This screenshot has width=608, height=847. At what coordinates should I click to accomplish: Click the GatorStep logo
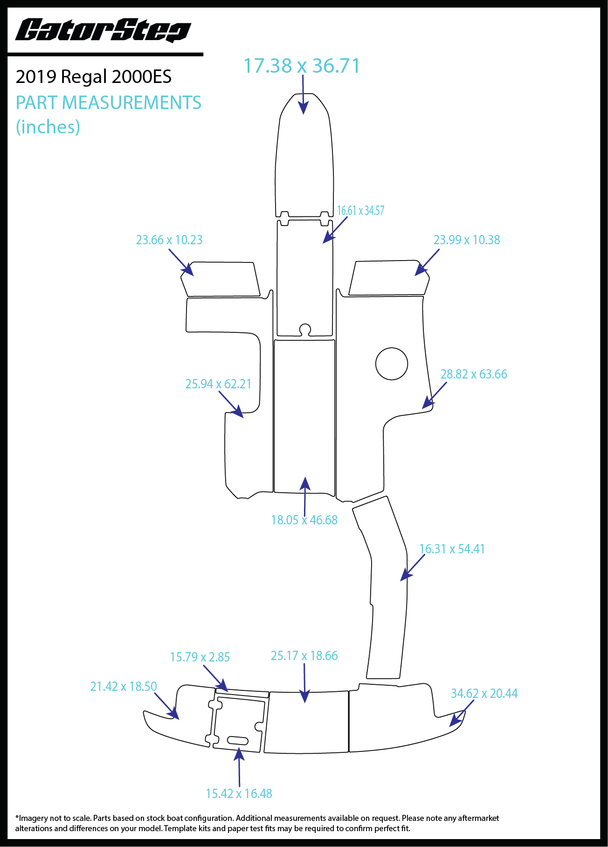coord(103,31)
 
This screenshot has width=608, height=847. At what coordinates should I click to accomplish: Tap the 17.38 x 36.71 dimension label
coord(302,66)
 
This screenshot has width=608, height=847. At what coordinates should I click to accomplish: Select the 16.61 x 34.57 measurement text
coord(360,211)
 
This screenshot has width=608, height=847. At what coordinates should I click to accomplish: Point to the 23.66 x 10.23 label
coord(169,240)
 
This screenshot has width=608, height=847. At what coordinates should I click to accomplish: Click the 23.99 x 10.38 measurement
coord(467,240)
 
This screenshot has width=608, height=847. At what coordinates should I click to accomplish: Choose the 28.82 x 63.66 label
coord(474,374)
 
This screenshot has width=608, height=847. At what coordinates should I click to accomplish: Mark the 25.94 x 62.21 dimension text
coord(218,384)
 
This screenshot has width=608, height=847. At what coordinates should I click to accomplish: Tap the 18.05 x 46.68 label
coord(304,520)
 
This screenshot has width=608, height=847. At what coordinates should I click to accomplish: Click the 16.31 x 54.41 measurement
coord(452,549)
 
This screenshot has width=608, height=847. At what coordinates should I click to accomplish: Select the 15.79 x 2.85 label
coord(200,657)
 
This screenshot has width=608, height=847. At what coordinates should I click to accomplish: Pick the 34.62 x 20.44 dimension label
coord(484,694)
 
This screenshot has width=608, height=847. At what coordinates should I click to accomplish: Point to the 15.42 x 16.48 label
coord(239,794)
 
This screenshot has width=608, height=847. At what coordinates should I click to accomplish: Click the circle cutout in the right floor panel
coord(392,364)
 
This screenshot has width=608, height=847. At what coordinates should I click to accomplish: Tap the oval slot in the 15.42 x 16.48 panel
coord(237,740)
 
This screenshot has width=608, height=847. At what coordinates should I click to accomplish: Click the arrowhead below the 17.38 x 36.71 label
coord(304,108)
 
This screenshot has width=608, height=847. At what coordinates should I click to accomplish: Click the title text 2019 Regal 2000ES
coord(94,77)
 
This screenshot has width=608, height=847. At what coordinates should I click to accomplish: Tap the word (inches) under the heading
coord(48,127)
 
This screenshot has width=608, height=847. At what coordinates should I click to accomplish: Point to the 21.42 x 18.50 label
coord(124,687)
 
